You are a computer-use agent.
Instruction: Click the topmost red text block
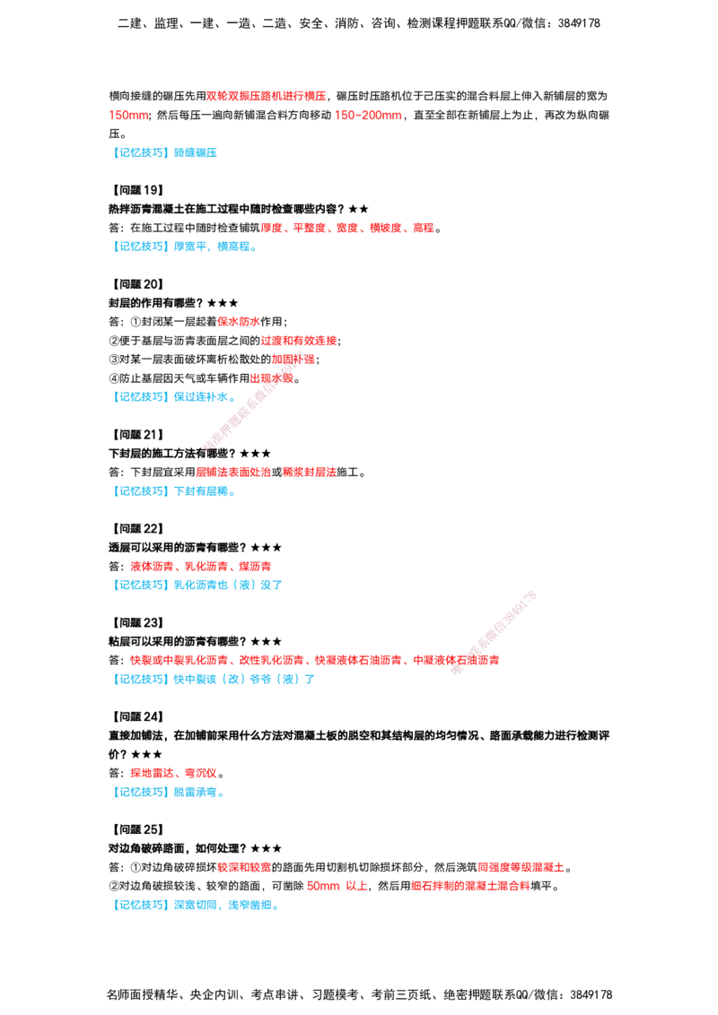267,95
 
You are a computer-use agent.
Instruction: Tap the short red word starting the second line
127,115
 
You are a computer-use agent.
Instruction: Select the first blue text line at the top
167,152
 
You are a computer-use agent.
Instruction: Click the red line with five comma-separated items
347,229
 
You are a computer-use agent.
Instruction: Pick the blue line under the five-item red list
186,247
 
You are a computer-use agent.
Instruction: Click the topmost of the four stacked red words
238,322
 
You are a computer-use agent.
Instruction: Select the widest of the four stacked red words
299,341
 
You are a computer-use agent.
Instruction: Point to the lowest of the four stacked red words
272,379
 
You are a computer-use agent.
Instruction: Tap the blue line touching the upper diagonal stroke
174,396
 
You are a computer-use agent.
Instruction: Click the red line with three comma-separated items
200,566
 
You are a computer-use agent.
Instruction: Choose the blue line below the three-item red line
199,585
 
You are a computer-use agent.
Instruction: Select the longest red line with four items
314,660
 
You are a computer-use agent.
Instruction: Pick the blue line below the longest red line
215,680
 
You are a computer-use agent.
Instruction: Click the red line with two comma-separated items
173,774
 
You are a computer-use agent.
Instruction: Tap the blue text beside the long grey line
171,793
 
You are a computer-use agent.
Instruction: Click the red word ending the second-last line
469,887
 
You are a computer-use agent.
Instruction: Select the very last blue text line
196,905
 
